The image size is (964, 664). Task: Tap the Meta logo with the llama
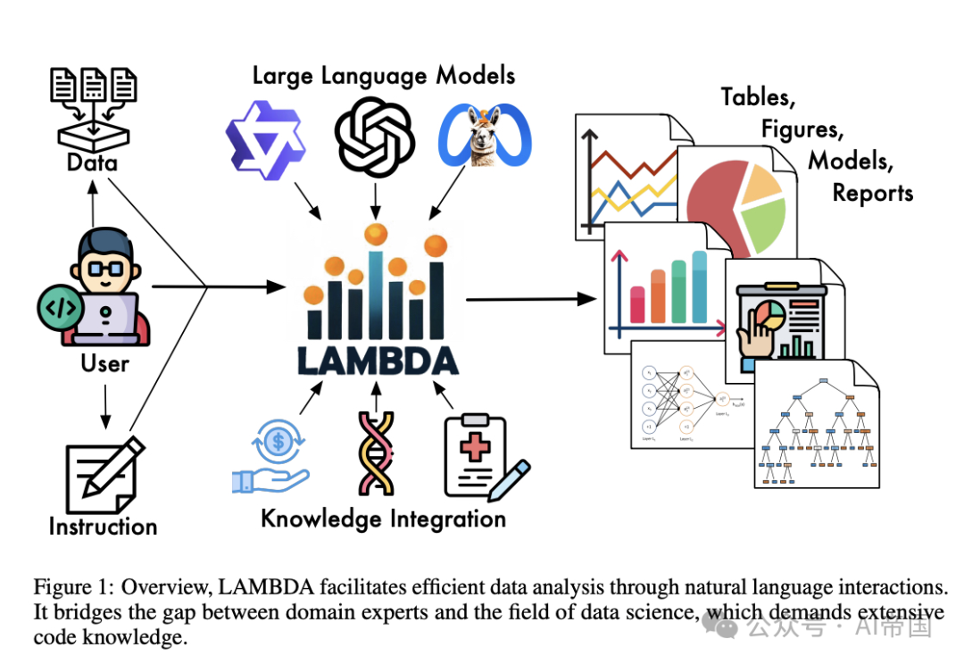485,137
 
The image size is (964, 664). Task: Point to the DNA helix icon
377,452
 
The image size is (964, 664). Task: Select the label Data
92,163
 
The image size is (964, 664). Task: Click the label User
104,363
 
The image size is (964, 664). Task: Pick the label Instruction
104,527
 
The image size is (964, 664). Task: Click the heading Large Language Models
384,75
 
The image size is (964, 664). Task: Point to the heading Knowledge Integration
383,519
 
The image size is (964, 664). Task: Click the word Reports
872,193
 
